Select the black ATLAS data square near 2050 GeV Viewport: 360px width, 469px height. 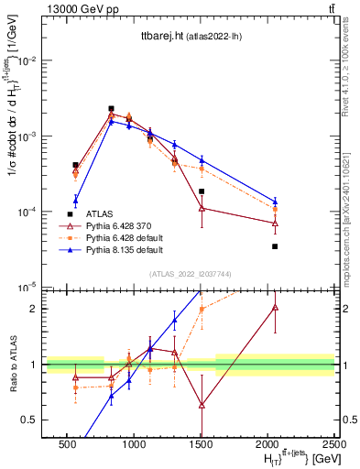(275, 246)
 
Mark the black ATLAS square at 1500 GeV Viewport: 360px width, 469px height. (202, 191)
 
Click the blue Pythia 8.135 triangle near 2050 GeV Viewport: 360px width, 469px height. (275, 201)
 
